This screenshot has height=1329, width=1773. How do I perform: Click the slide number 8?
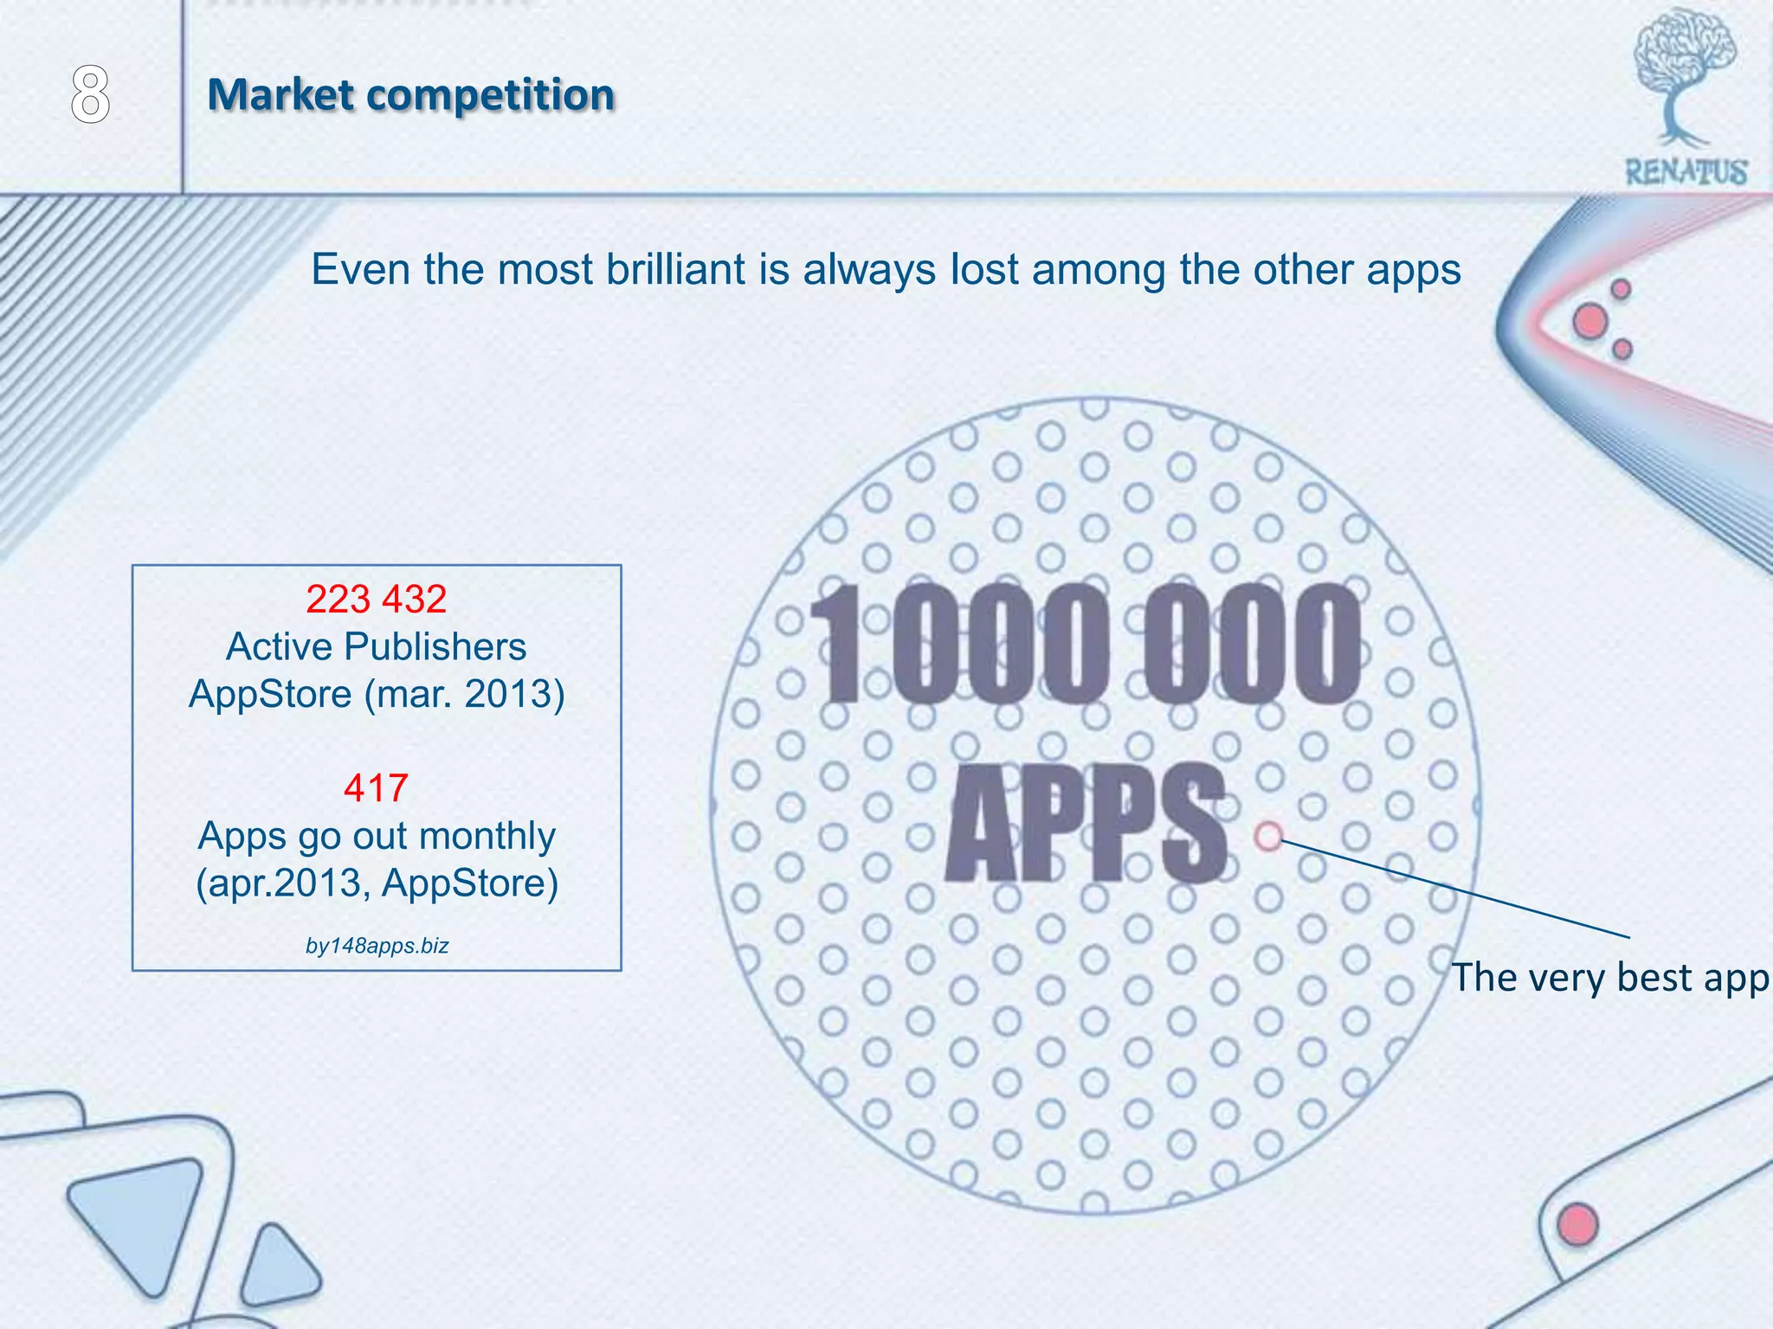90,95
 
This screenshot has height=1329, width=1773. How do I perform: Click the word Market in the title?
280,94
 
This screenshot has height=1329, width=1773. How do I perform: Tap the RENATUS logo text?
1686,172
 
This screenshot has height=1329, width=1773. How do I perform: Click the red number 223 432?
376,599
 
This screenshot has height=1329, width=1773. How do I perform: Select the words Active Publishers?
376,646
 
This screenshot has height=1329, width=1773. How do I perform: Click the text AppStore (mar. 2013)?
376,694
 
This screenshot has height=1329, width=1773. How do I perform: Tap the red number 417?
376,787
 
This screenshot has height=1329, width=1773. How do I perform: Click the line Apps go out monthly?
376,836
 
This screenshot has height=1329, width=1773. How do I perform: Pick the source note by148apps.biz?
377,946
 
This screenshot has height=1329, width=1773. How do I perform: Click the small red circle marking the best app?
1268,836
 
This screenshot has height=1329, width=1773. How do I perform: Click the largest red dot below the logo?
1590,322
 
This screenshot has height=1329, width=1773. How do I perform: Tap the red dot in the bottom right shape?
1577,1224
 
